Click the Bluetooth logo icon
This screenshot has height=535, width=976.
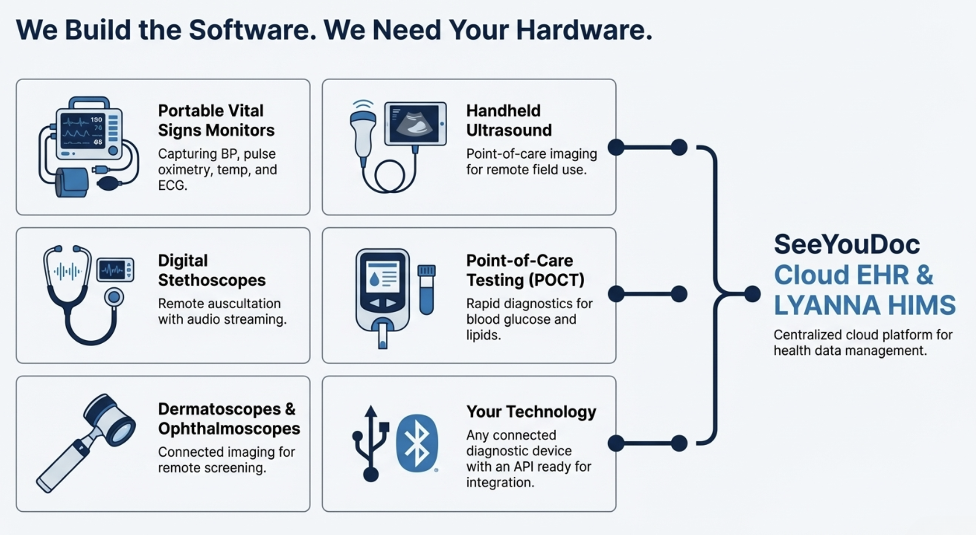click(417, 443)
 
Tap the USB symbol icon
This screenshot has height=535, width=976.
click(371, 443)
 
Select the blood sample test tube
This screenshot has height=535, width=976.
click(427, 289)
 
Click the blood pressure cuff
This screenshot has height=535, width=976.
click(72, 182)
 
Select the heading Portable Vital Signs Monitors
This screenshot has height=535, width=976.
click(216, 120)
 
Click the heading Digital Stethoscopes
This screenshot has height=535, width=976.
click(212, 270)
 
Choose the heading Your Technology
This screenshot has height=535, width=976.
click(531, 412)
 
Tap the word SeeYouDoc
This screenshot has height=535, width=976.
click(847, 244)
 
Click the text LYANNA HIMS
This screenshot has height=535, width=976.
click(865, 305)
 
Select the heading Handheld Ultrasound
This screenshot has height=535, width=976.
click(509, 120)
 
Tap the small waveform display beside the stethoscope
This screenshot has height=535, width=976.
click(115, 269)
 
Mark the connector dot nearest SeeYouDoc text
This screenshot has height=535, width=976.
click(752, 294)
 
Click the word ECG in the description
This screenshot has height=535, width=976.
click(172, 185)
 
